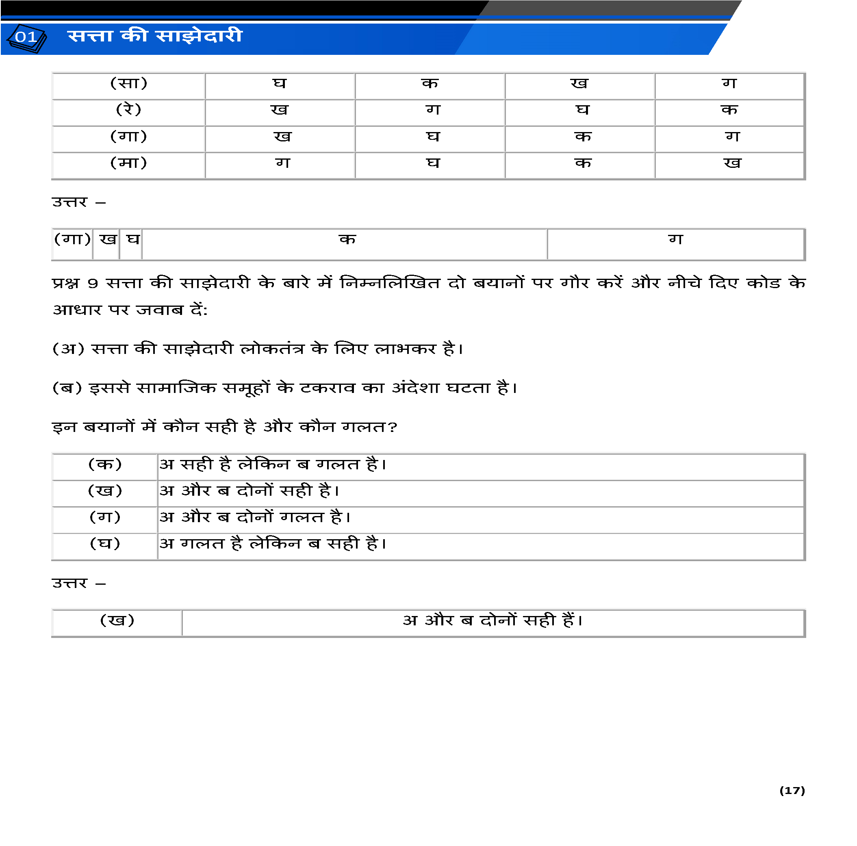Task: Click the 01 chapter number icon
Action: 26,38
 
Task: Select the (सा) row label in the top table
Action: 129,84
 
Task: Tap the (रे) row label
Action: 129,110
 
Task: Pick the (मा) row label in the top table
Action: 129,163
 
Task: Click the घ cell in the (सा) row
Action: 280,84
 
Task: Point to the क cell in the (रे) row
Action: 729,110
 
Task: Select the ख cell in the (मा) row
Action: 732,163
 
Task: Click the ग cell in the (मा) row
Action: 282,163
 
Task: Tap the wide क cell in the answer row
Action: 347,240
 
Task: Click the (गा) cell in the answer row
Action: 72,240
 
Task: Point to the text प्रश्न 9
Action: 74,283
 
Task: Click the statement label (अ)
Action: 68,349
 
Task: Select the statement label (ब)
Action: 67,388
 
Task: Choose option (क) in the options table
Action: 105,465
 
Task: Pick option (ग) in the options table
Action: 105,518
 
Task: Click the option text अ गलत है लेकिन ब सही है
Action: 273,544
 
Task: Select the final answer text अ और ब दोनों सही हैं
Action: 493,620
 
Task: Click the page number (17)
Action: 792,791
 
